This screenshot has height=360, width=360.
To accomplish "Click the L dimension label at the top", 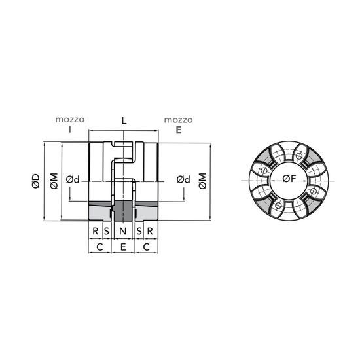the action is tap(124, 120).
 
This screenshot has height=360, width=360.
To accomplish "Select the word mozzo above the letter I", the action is tap(70, 120).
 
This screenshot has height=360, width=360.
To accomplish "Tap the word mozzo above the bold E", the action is tap(179, 120).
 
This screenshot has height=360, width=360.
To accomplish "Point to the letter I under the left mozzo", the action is tap(70, 130).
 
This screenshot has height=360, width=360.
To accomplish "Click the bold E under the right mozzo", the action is tap(179, 130).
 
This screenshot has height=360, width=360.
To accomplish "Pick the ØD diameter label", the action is tap(36, 181).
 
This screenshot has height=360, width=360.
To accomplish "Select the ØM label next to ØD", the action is tap(54, 181).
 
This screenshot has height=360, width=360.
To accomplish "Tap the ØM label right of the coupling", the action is tap(202, 181).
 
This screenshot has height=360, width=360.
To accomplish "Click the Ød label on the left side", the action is tap(73, 179).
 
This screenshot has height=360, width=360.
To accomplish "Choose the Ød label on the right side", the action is tap(183, 179).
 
